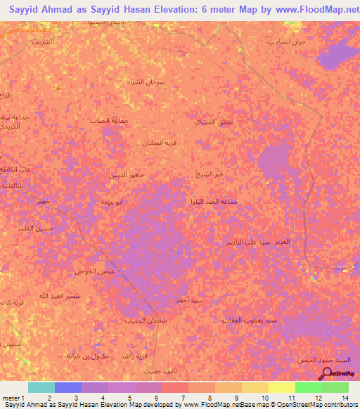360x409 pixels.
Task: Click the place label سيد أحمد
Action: tap(191, 301)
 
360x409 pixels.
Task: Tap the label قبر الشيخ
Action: tap(210, 173)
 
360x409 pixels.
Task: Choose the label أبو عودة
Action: tap(129, 202)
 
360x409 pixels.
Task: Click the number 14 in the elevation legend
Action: tap(345, 398)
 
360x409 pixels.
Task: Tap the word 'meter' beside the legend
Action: tap(10, 398)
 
